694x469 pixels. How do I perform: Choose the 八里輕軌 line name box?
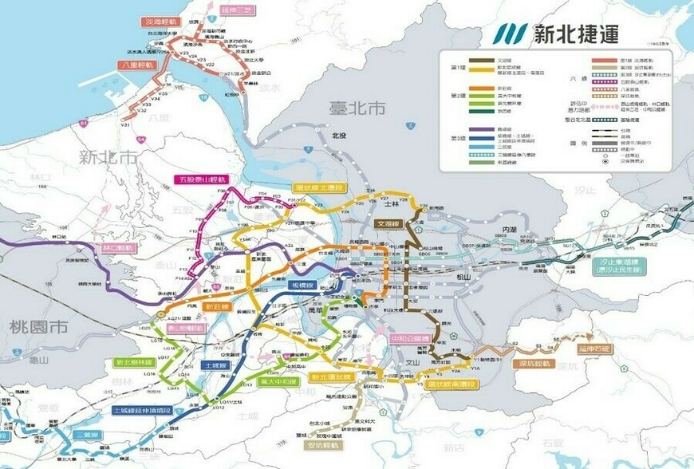click(x=136, y=65)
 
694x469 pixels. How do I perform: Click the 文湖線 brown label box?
click(x=392, y=225)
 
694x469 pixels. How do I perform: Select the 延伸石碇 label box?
click(x=593, y=349)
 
